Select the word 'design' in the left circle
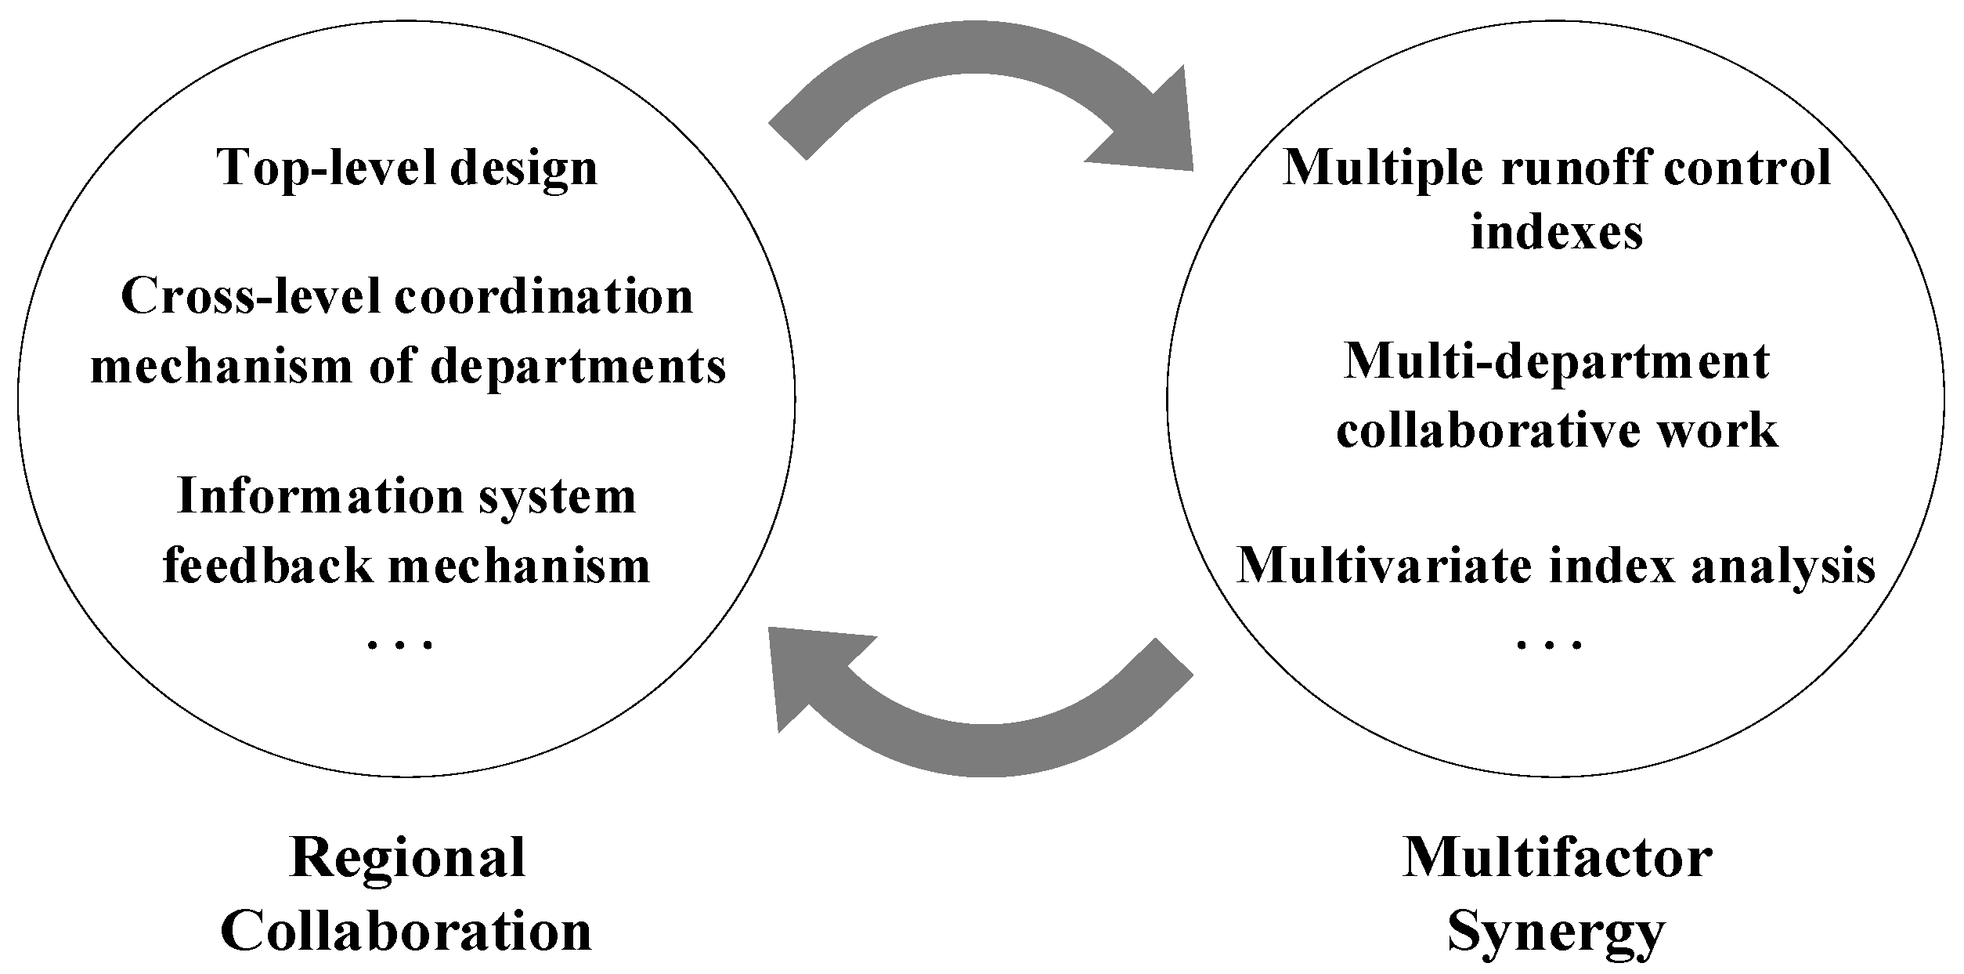523,169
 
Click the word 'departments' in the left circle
579,367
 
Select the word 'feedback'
267,565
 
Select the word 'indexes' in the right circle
1556,233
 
